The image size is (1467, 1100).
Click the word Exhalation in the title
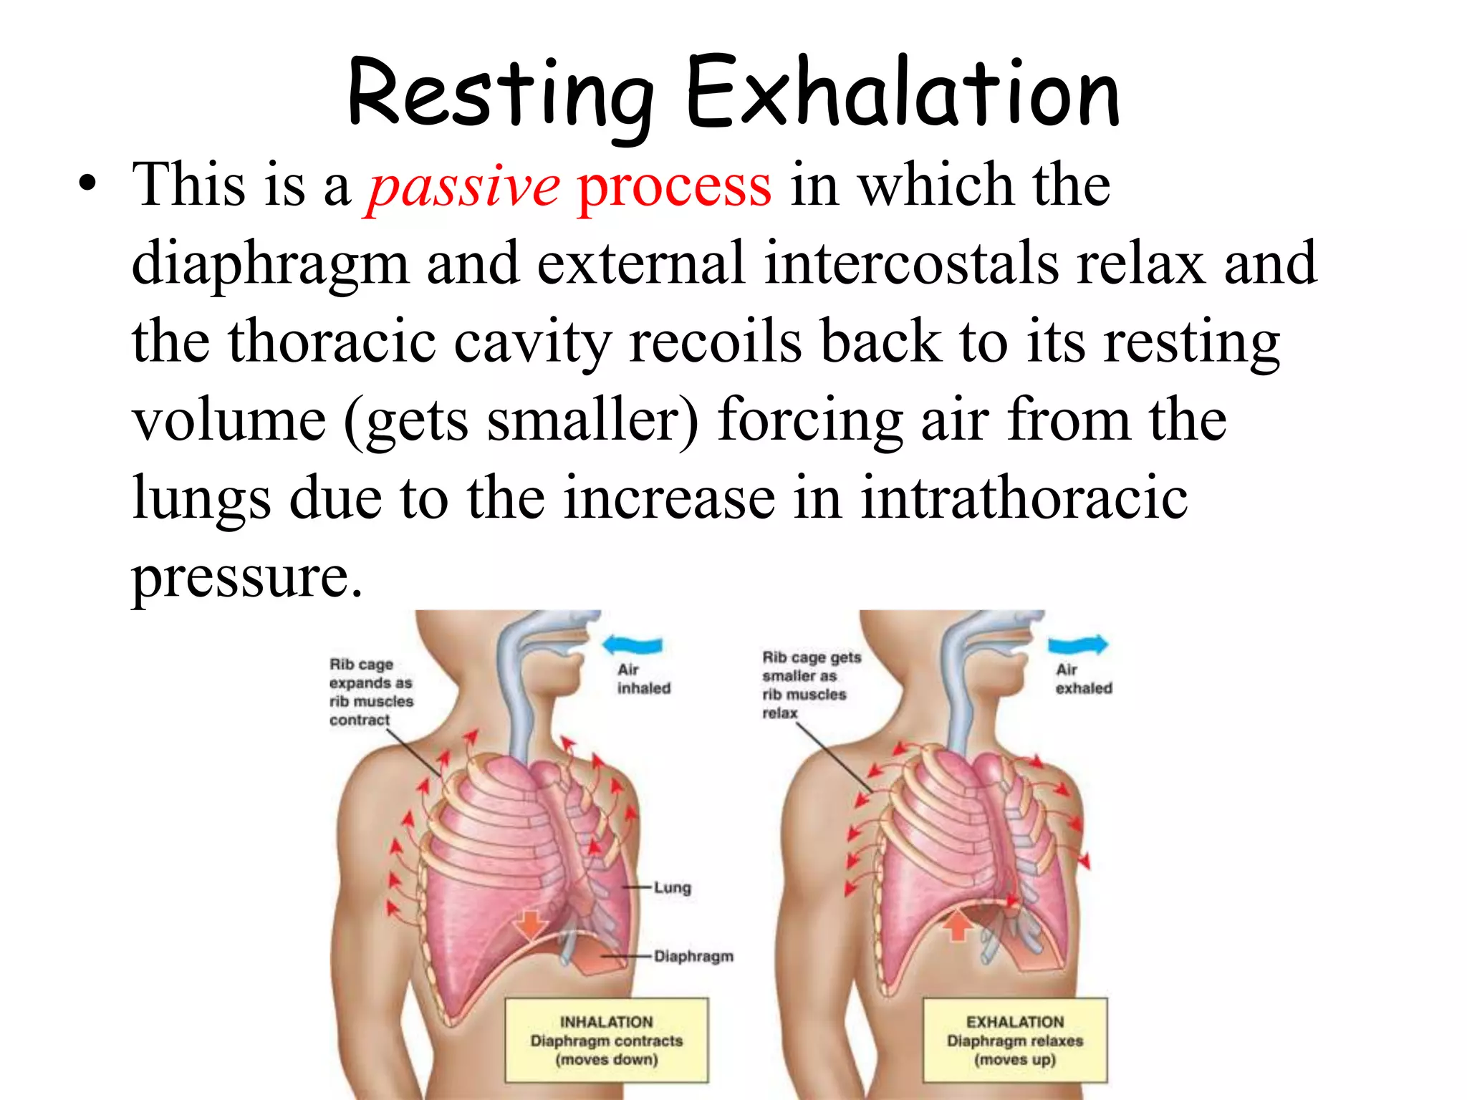coord(902,93)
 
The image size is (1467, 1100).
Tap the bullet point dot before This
coord(87,185)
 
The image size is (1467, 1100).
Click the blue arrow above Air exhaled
coord(1078,644)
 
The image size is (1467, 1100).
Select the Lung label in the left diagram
coord(672,888)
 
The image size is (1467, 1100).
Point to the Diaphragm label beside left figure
coord(693,957)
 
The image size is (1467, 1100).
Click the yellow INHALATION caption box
coord(606,1040)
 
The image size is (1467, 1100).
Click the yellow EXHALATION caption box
coord(1014,1040)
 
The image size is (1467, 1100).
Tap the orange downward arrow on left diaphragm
coord(530,924)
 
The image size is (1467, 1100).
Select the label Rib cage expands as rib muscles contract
coord(370,692)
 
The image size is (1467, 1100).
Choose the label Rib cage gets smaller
coord(810,685)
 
